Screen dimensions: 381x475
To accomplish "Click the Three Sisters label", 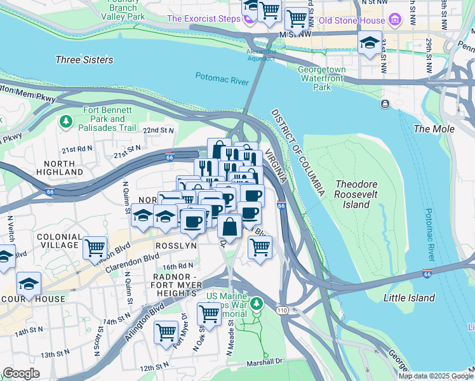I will coord(84,60).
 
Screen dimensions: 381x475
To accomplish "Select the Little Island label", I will coord(410,298).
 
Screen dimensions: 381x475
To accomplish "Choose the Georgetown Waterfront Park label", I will coord(322,78).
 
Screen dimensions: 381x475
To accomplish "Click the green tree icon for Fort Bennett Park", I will coord(65,121).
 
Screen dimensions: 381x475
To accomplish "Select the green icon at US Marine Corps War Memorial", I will coord(256,304).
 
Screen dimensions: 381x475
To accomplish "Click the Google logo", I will coord(21,373).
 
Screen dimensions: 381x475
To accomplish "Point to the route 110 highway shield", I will coord(283,309).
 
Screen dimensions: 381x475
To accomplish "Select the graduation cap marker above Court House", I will coord(29,283).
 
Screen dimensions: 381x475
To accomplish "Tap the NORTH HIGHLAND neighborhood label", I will coord(55,168).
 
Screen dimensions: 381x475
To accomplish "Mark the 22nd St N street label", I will coord(158,130).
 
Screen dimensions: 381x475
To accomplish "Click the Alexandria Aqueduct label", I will coord(262,55).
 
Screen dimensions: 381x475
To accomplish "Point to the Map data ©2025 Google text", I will coord(435,375).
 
